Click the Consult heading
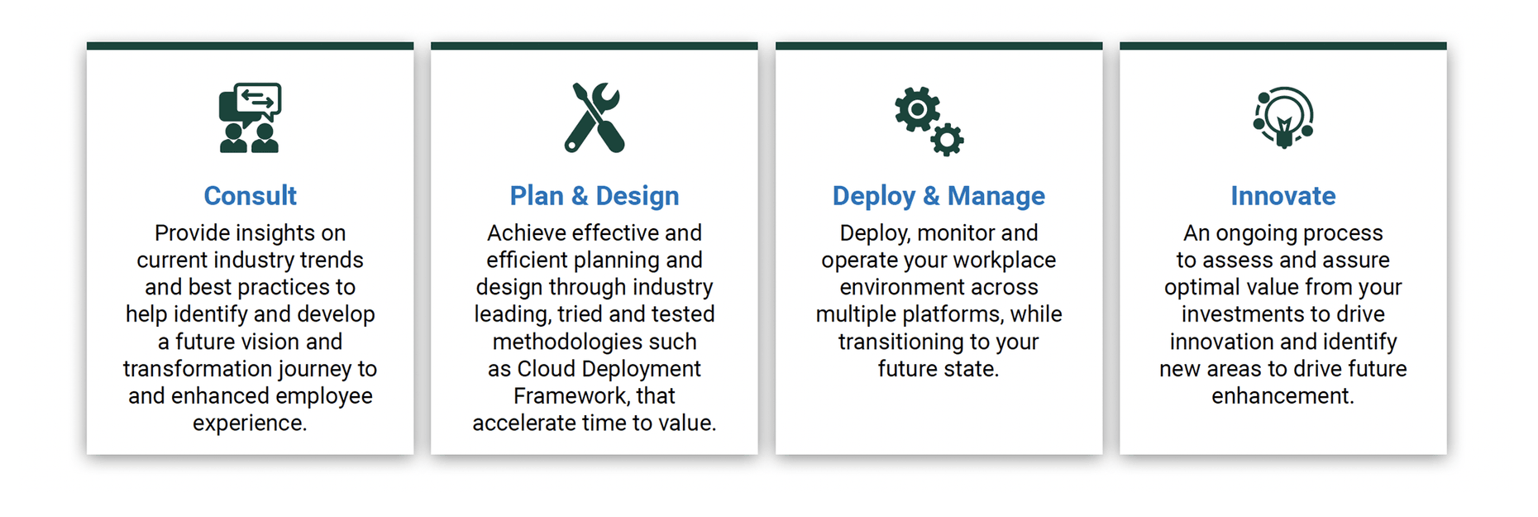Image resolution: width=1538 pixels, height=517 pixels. (250, 196)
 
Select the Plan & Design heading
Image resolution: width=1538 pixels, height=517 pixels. (595, 196)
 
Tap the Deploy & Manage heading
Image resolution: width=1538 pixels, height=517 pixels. (939, 196)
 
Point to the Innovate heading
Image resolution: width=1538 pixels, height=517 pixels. (1283, 196)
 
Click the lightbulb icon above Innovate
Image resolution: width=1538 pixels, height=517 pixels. (1283, 118)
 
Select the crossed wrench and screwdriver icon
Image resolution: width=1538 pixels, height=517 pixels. (595, 117)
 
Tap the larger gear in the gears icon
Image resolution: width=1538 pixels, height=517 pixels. (917, 109)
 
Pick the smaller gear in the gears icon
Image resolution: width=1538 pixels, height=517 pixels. (947, 140)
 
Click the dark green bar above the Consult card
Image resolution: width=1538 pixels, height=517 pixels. (250, 46)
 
